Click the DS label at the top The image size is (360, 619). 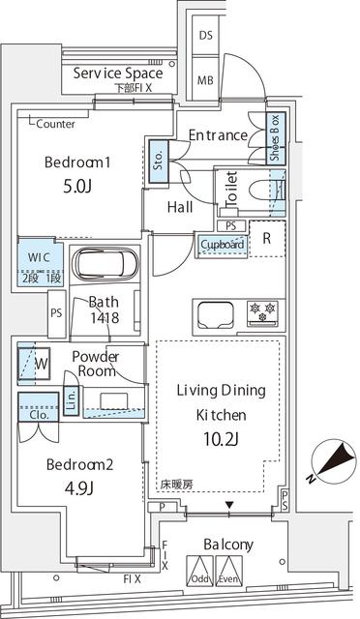tap(205, 36)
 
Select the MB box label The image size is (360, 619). tap(205, 80)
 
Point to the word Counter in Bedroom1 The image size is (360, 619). tap(57, 124)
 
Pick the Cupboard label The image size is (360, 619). tap(222, 246)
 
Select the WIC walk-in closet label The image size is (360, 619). tap(40, 258)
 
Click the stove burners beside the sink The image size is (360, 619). tap(262, 312)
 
